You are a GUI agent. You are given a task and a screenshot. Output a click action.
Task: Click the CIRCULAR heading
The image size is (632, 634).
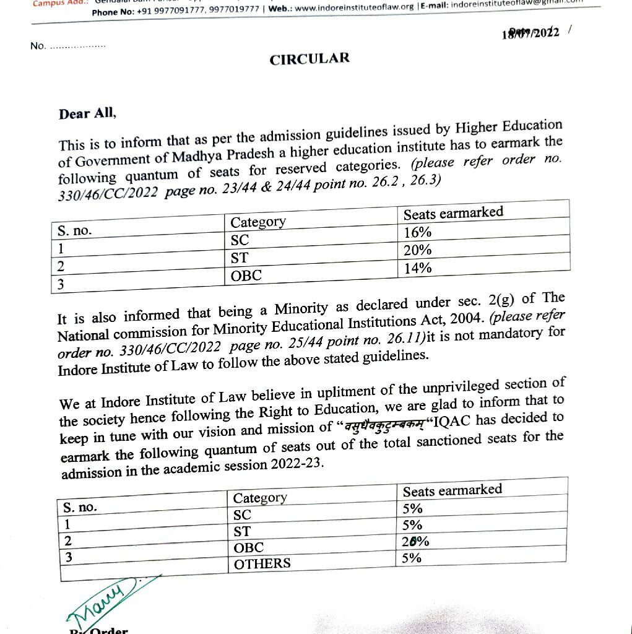[310, 59]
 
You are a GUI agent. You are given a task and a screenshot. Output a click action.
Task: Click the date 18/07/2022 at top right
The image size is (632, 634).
[531, 32]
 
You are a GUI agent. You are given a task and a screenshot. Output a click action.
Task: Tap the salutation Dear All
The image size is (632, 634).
[87, 114]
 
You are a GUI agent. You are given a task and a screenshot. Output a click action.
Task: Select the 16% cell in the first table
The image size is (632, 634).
[418, 233]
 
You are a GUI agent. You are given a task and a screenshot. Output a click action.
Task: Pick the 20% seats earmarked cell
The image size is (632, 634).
[418, 251]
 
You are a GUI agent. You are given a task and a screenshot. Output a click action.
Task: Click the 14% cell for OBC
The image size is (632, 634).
[418, 269]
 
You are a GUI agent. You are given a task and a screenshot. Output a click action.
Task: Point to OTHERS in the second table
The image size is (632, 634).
[262, 563]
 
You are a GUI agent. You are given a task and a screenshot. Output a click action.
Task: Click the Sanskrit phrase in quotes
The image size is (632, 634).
[380, 423]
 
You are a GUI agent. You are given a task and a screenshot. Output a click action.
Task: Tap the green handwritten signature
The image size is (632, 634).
[99, 598]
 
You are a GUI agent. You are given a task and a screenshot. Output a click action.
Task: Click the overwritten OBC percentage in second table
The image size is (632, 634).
[415, 541]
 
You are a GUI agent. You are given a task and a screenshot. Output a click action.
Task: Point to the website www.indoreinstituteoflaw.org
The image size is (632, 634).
[354, 7]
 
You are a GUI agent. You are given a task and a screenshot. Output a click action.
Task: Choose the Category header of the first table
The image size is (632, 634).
[258, 222]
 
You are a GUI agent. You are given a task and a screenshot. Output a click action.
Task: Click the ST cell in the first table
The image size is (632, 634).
[240, 258]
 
